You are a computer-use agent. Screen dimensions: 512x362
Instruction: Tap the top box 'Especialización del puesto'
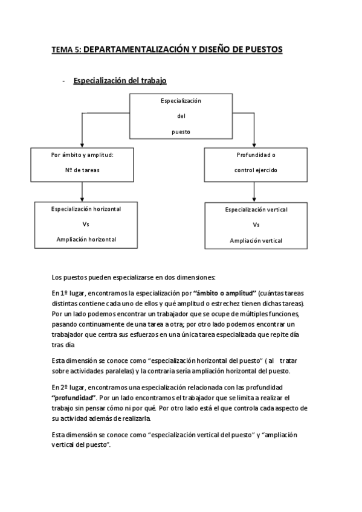click(x=180, y=115)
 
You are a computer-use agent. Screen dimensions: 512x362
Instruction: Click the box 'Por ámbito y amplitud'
click(x=82, y=162)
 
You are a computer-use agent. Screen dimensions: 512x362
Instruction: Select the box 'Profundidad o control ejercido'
click(x=256, y=162)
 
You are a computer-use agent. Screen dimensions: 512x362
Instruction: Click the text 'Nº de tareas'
click(x=83, y=170)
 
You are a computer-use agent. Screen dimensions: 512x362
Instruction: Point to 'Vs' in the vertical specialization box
click(x=256, y=225)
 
